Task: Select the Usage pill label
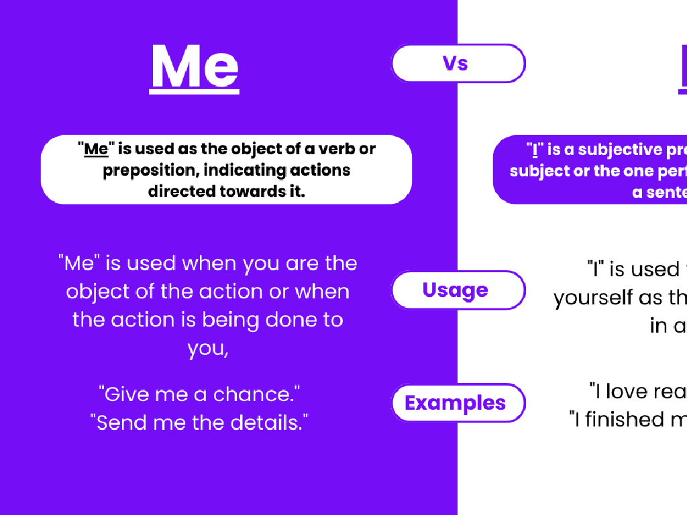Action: tap(455, 290)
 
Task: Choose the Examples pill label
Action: tap(455, 403)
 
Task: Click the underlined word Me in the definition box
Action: tap(96, 149)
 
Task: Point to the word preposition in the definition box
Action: tap(150, 170)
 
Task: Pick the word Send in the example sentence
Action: tap(118, 422)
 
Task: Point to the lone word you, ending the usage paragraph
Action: tap(207, 349)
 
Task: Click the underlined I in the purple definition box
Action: tap(534, 150)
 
